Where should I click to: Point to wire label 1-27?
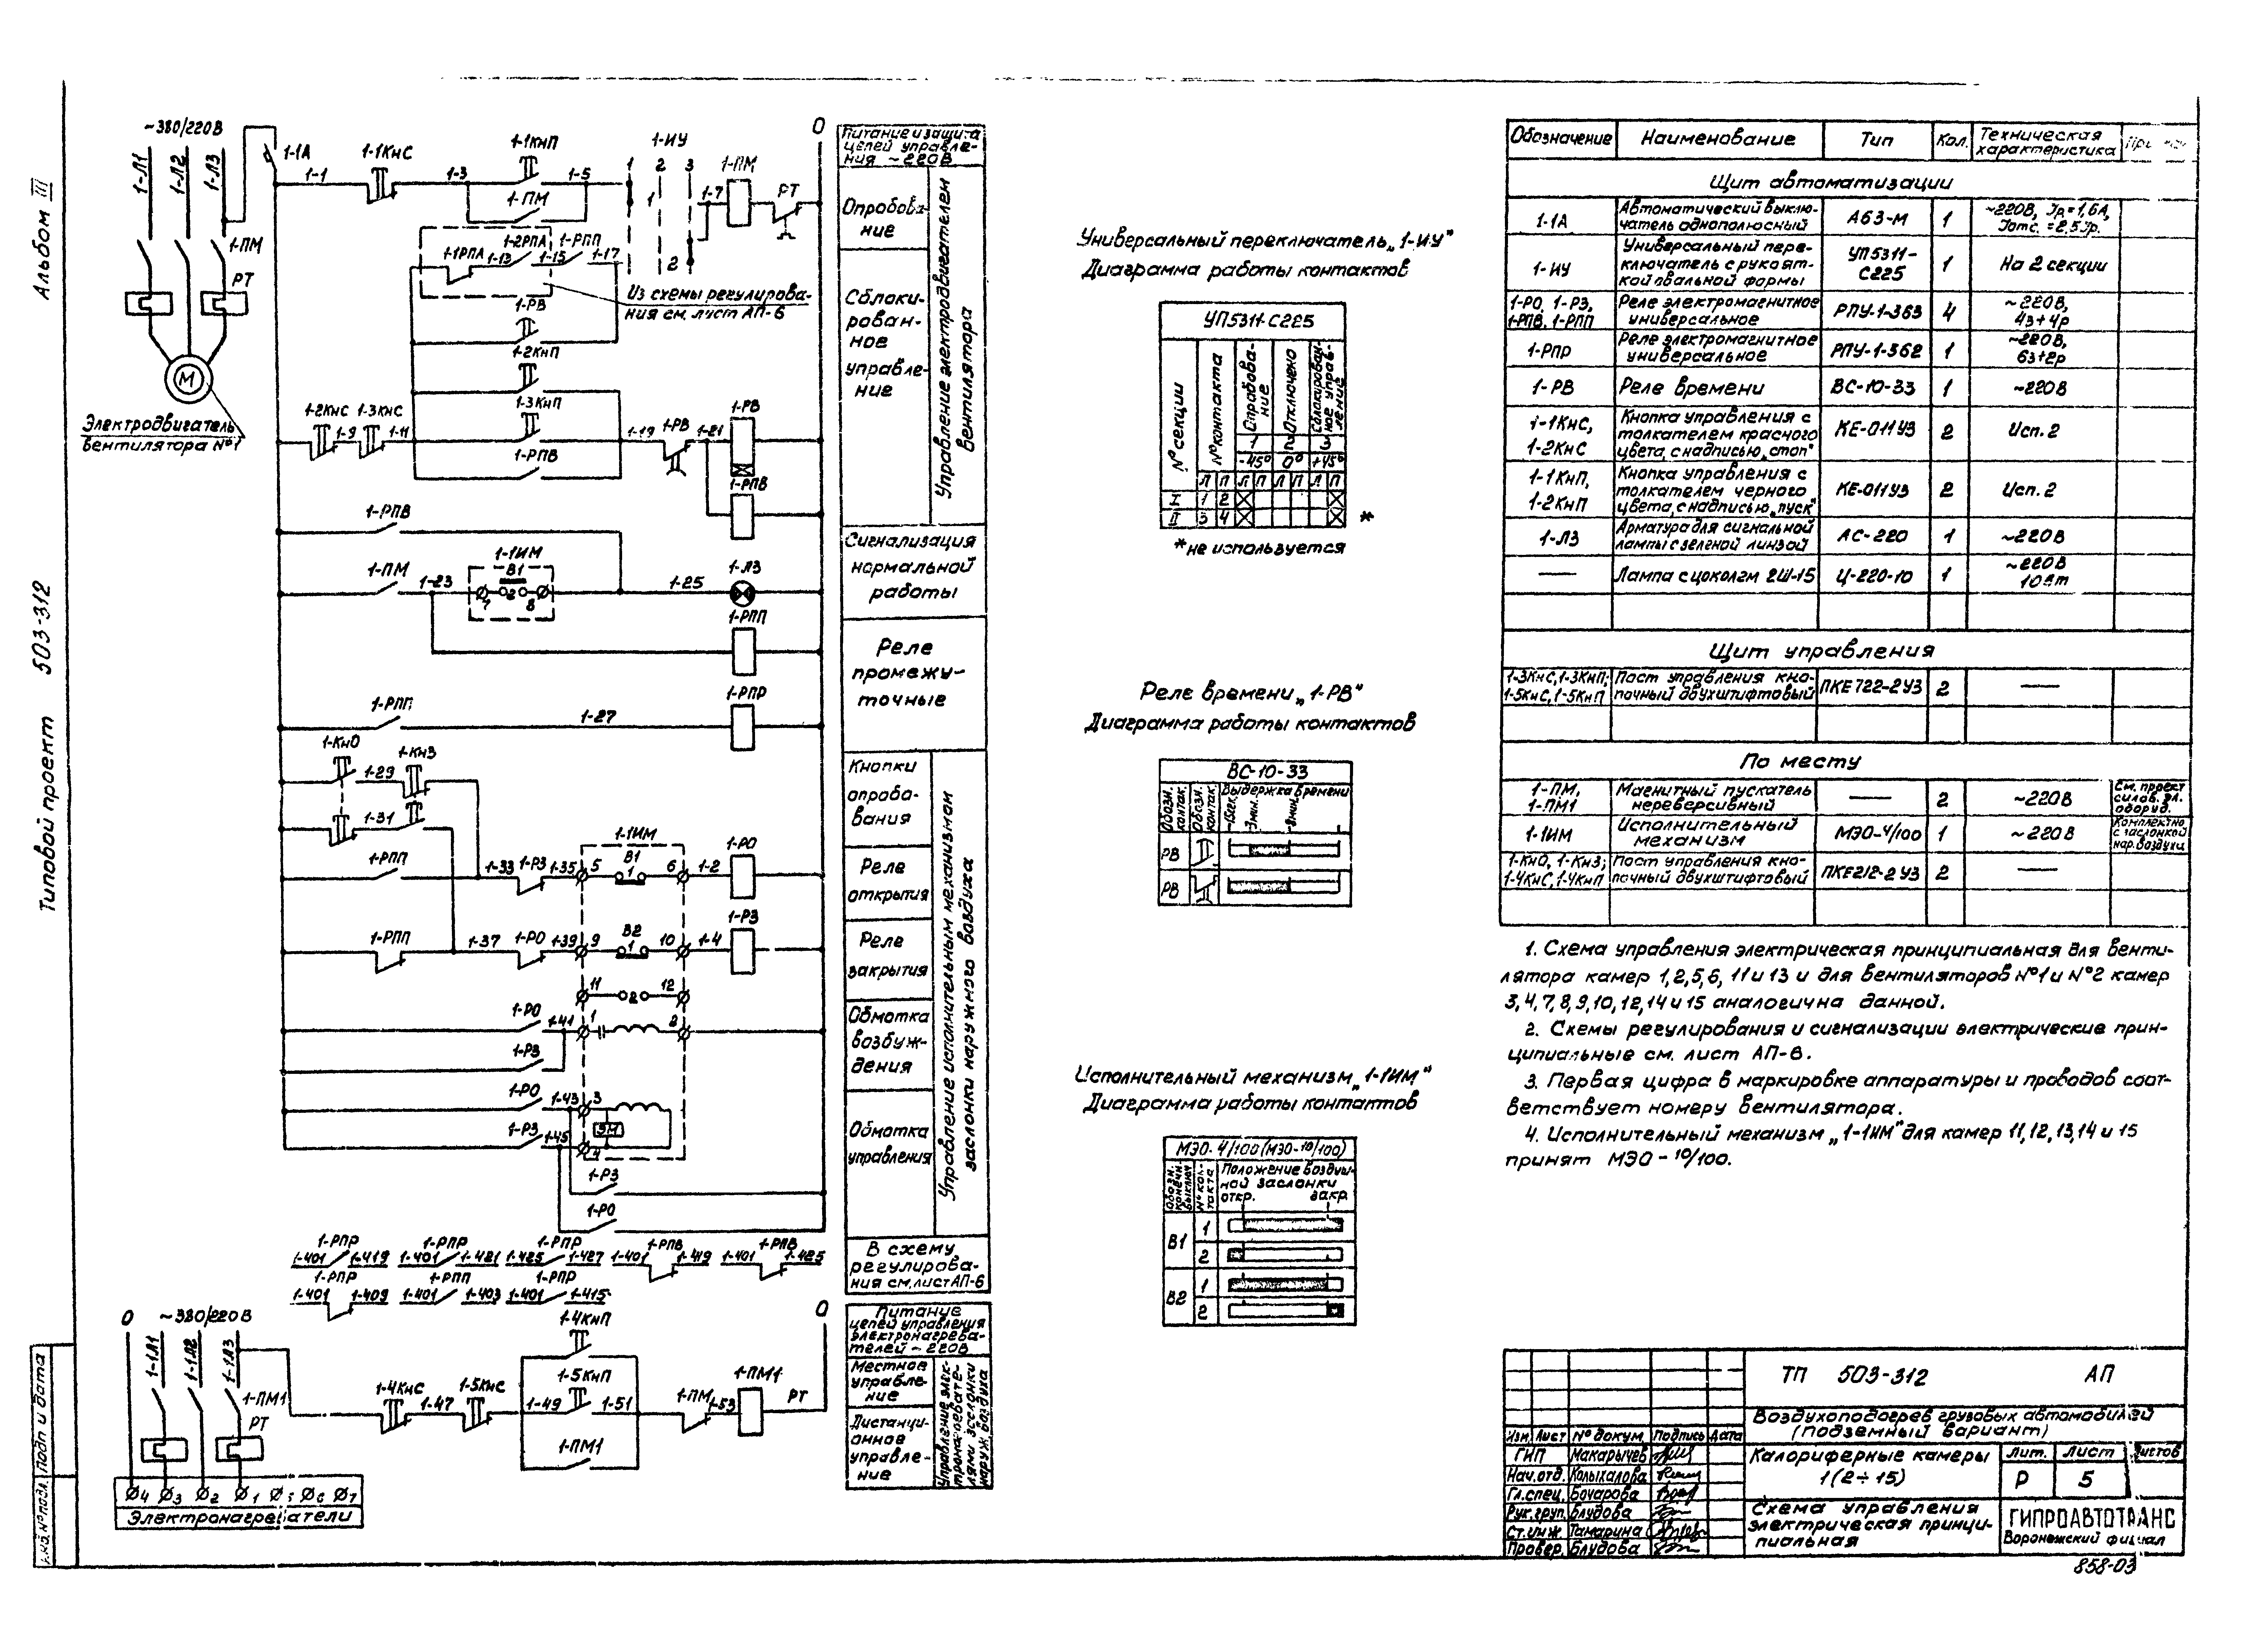point(598,716)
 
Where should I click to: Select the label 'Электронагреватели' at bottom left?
point(239,1518)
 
